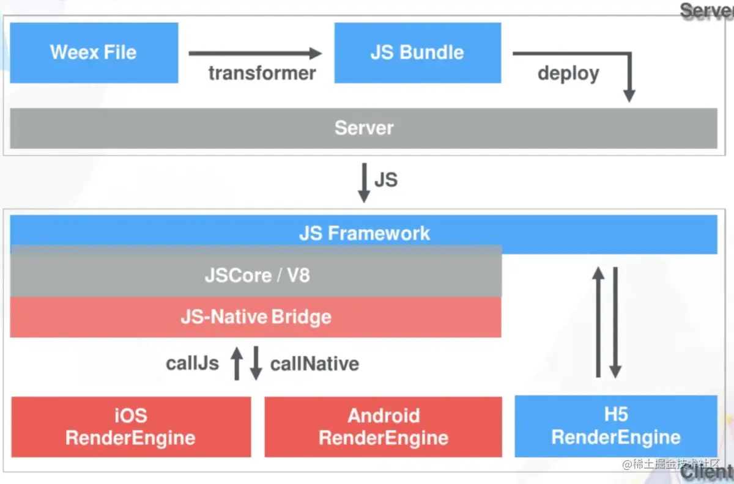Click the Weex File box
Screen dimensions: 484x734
click(x=94, y=53)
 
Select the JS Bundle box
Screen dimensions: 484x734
click(x=417, y=53)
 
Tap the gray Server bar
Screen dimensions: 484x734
click(x=363, y=128)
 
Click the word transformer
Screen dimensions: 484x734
click(x=262, y=73)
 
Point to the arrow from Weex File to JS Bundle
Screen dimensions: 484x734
click(x=254, y=54)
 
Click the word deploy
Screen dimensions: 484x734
click(x=568, y=73)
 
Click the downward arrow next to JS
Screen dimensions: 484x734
click(x=363, y=182)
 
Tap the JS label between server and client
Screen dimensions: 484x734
click(x=385, y=180)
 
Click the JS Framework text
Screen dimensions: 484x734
click(x=364, y=233)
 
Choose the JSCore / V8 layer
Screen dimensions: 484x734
click(x=256, y=274)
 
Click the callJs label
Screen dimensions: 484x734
click(x=192, y=364)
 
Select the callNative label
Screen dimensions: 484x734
click(x=314, y=364)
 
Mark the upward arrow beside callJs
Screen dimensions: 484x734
click(x=237, y=363)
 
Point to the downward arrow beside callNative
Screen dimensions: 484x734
click(x=256, y=363)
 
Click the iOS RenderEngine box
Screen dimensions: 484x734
click(x=130, y=427)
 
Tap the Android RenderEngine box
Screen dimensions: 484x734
click(x=383, y=427)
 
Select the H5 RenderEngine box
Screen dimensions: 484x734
click(x=615, y=426)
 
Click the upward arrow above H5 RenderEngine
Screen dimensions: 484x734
click(x=599, y=322)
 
